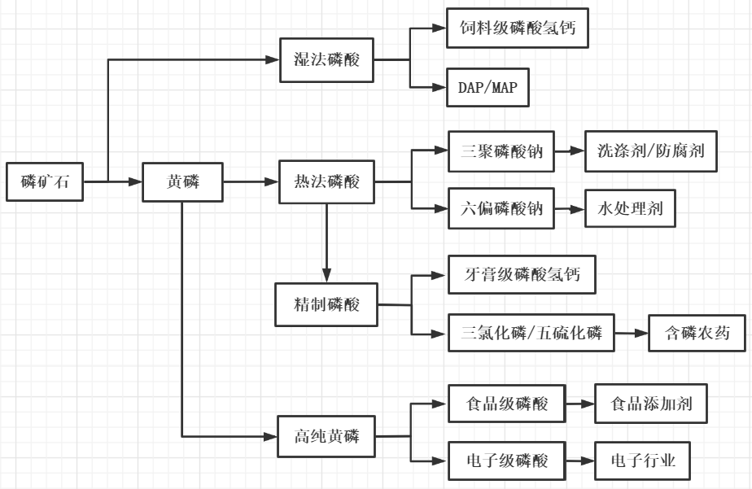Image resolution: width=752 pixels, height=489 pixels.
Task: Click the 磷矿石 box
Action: pyautogui.click(x=45, y=182)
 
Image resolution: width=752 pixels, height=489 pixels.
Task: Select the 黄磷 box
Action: pyautogui.click(x=182, y=182)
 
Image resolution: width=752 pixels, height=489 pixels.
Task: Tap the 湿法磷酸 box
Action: pyautogui.click(x=326, y=59)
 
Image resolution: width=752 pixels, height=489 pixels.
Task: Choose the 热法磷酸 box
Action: pyautogui.click(x=326, y=182)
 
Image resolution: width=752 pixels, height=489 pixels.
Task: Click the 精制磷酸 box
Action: pyautogui.click(x=326, y=305)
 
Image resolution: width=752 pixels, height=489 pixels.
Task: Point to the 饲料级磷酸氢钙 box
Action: pyautogui.click(x=517, y=29)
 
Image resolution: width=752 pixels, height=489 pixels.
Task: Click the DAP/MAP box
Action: pyautogui.click(x=487, y=87)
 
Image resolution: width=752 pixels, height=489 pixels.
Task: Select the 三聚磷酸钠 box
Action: pyautogui.click(x=501, y=151)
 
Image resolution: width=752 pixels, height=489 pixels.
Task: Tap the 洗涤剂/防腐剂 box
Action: pyautogui.click(x=650, y=151)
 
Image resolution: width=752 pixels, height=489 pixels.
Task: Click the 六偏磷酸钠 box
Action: pyautogui.click(x=501, y=209)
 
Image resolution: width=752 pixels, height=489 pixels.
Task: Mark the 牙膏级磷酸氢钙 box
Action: pyautogui.click(x=522, y=275)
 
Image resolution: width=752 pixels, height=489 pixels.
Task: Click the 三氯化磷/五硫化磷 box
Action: pyautogui.click(x=531, y=333)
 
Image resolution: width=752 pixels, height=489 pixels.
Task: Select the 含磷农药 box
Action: pyautogui.click(x=697, y=333)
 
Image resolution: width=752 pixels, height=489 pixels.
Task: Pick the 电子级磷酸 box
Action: pyautogui.click(x=507, y=461)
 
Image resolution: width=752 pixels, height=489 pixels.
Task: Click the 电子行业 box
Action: pyautogui.click(x=643, y=461)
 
